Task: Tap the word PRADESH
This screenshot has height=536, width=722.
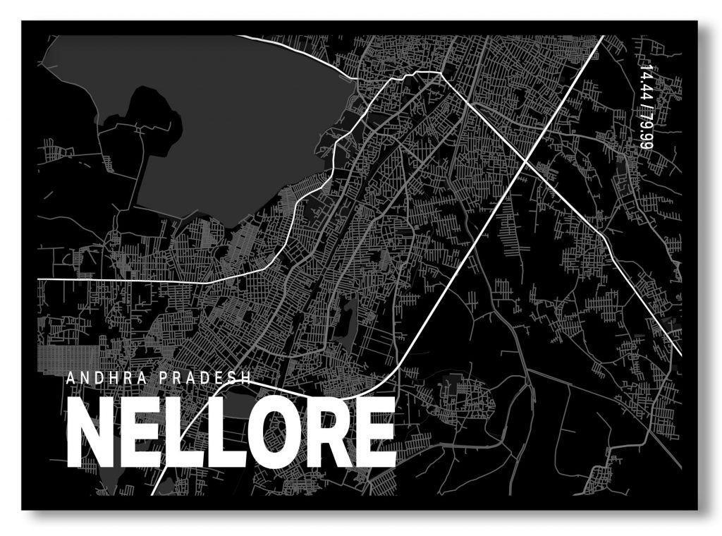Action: coord(206,377)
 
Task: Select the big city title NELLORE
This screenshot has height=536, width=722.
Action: coord(231,432)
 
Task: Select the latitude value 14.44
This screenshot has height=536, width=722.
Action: coord(643,83)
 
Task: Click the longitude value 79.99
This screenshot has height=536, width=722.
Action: coord(643,130)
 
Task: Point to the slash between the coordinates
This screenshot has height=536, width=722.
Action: coord(643,106)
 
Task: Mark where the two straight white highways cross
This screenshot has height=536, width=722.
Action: coord(526,162)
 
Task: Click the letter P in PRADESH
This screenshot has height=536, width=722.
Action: coord(164,377)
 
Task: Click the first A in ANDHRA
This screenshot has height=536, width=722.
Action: coord(71,377)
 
